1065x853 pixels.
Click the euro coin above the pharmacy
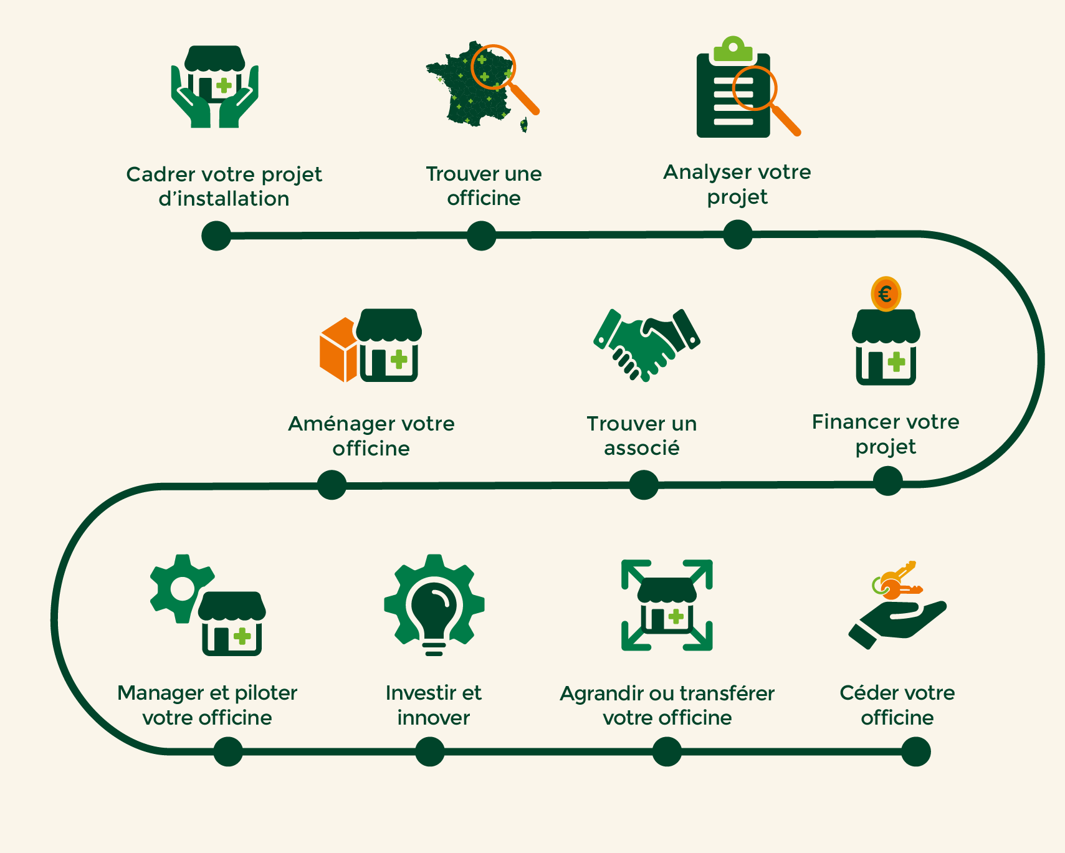[886, 293]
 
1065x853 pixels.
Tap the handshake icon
[646, 345]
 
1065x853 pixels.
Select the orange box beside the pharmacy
[338, 350]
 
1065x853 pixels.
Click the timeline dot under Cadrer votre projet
[216, 236]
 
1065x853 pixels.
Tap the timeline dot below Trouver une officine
[481, 236]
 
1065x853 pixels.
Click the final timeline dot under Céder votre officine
[915, 751]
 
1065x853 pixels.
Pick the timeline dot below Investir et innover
[430, 751]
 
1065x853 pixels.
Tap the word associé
[641, 448]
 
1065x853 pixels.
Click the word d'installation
[224, 199]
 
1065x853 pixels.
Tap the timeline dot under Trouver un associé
[644, 485]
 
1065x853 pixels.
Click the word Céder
[867, 693]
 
